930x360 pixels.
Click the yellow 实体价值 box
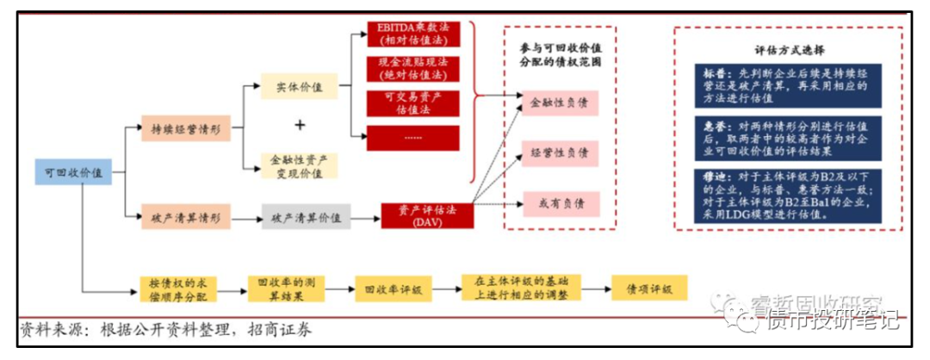(x=300, y=87)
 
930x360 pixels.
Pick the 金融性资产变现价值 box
(x=300, y=166)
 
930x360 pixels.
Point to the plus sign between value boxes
(x=300, y=126)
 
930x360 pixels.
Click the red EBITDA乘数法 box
(x=413, y=34)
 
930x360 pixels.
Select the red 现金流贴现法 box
(x=413, y=68)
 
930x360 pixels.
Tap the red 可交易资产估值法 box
(x=413, y=103)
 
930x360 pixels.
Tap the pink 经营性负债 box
(x=560, y=153)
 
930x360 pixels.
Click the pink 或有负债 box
(x=560, y=203)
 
